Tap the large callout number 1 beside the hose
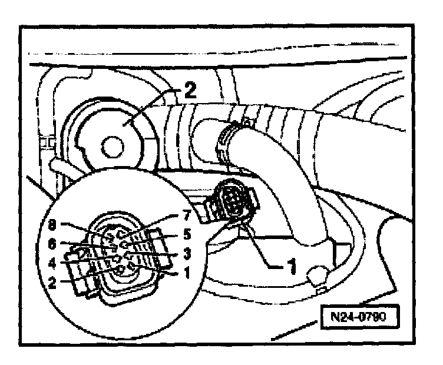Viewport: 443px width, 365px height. (289, 266)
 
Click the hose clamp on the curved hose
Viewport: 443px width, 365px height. (230, 137)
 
